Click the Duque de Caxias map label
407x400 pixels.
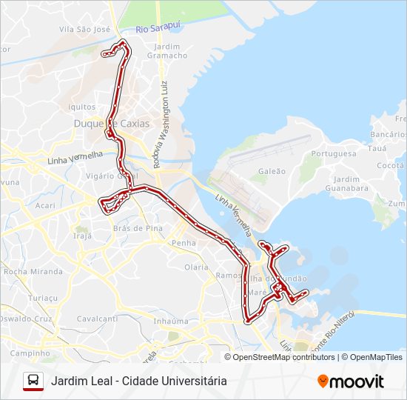111,124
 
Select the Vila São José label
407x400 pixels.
84,30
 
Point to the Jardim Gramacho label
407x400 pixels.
167,50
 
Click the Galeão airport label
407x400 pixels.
267,171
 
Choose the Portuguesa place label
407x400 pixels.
334,153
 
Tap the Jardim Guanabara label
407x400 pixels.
351,183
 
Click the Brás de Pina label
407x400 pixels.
138,228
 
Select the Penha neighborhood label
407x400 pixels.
184,242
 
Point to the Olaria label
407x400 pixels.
196,267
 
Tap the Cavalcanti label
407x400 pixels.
97,319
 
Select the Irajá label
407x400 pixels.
83,236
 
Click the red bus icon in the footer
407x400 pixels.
33,381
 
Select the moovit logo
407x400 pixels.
351,381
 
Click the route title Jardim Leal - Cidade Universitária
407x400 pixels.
139,381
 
